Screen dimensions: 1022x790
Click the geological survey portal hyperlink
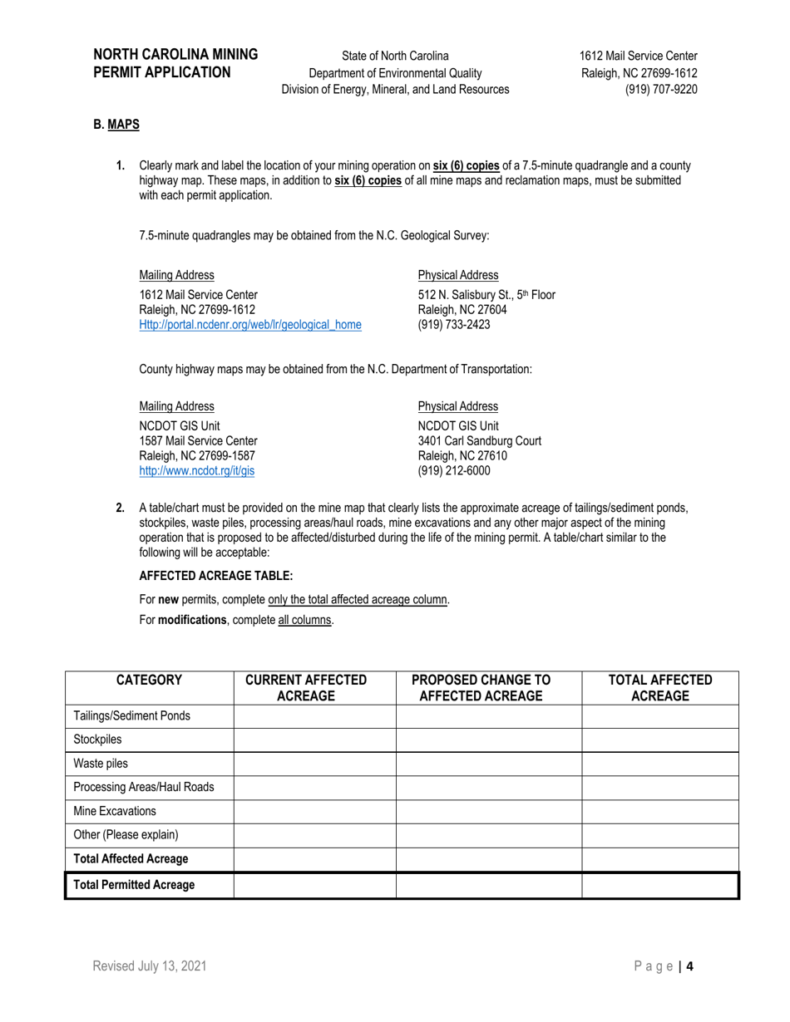click(x=249, y=325)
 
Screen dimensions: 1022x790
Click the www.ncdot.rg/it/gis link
click(x=196, y=471)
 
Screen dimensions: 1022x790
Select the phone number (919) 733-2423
click(x=454, y=325)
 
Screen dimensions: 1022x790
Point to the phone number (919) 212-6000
click(x=454, y=471)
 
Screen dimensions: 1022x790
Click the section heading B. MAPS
click(x=116, y=125)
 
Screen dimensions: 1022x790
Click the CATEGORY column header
click(x=150, y=681)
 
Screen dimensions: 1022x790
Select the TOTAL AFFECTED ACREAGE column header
click(x=660, y=688)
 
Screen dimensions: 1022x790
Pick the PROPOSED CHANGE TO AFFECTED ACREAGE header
click(x=487, y=688)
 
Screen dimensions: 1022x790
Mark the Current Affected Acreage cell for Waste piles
click(x=314, y=764)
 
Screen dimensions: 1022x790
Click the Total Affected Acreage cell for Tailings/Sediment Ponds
click(x=660, y=716)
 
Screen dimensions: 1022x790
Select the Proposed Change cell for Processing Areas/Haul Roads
click(x=488, y=787)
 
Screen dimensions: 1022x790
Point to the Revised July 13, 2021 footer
click(x=150, y=966)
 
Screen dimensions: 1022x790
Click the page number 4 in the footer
click(x=689, y=966)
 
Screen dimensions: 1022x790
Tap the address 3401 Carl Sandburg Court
click(x=479, y=441)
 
